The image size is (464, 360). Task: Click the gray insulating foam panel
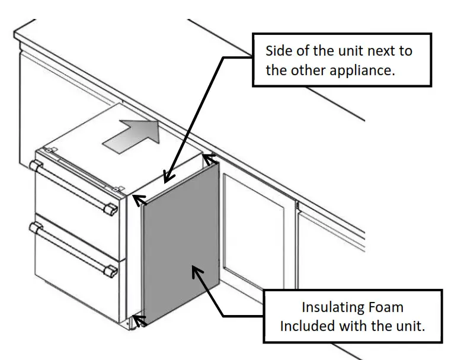click(x=181, y=249)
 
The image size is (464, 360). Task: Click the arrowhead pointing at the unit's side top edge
click(x=168, y=178)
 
